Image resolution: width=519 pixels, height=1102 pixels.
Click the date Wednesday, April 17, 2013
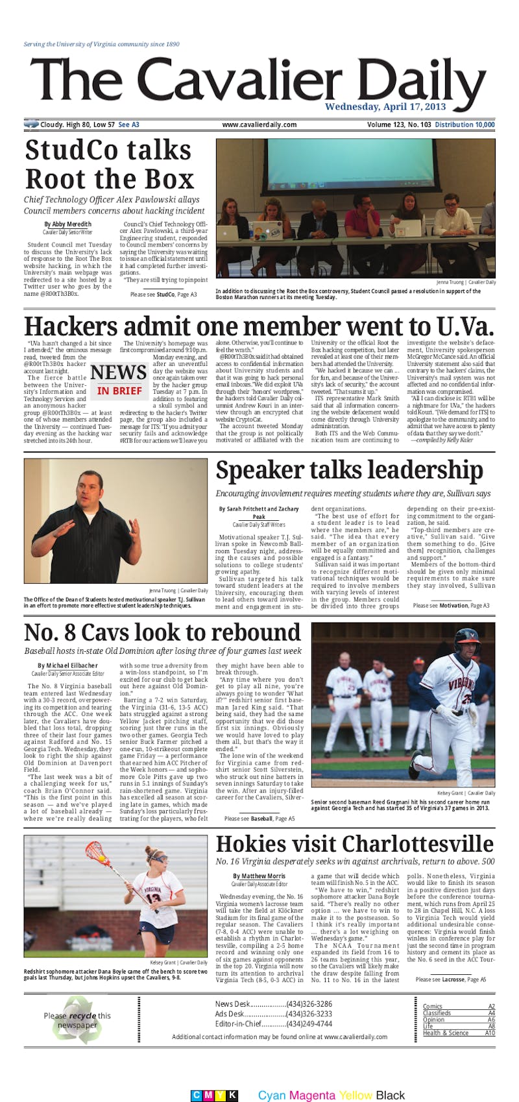click(x=385, y=107)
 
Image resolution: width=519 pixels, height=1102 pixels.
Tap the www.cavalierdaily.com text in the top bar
click(x=259, y=125)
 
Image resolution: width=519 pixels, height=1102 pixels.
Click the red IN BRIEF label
click(x=119, y=390)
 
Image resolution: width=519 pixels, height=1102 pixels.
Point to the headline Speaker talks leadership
click(x=349, y=470)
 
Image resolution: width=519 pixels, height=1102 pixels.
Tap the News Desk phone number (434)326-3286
click(x=309, y=1004)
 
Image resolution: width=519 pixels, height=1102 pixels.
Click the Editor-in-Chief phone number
click(x=309, y=1024)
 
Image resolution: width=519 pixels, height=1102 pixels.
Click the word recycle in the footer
click(x=83, y=1015)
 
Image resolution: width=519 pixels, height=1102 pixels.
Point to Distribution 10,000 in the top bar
click(x=465, y=125)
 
